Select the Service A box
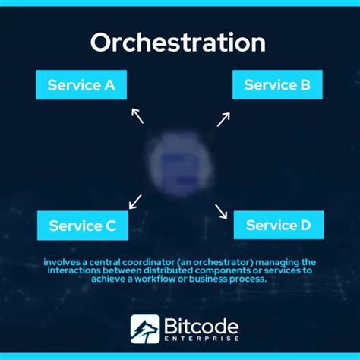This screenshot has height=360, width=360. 81,85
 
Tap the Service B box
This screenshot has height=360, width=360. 277,85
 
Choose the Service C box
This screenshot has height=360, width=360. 82,226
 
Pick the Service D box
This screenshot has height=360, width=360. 279,226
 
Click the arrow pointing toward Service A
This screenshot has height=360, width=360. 137,115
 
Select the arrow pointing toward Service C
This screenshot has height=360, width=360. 135,201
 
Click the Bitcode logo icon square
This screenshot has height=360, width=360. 144,328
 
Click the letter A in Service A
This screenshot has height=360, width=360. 109,85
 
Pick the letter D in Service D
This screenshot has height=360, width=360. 305,226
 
